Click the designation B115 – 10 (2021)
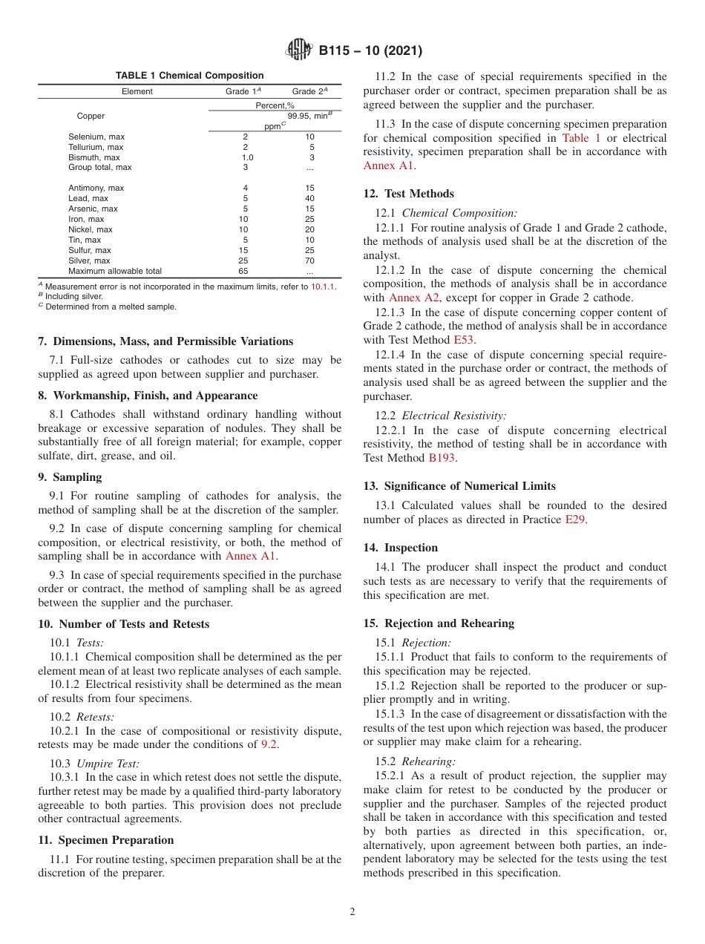(370, 51)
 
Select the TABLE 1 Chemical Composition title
(189, 76)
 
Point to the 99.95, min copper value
(309, 116)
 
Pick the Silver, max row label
(89, 260)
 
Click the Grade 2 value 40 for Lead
(309, 198)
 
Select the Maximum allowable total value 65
(244, 271)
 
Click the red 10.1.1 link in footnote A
(322, 286)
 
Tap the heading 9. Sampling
(70, 477)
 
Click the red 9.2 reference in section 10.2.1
(269, 744)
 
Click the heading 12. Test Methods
(408, 194)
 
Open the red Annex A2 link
(405, 298)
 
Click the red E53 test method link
(464, 340)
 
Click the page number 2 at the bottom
(352, 912)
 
